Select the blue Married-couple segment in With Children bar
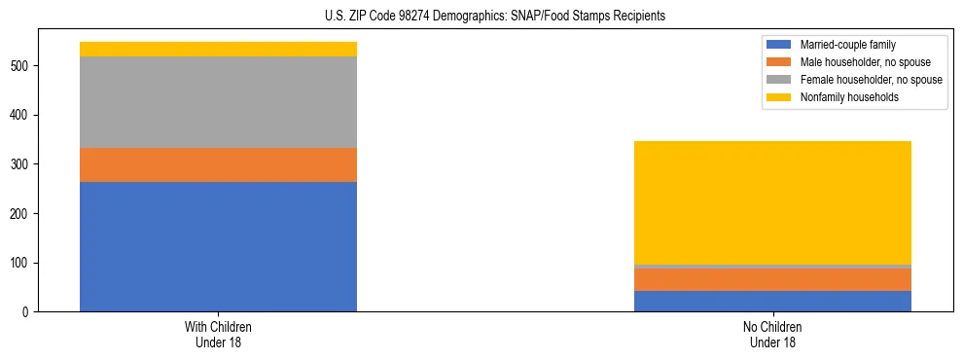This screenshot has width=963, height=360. (218, 246)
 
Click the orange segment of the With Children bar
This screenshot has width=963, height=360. (218, 164)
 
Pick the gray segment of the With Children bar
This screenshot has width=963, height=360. (218, 102)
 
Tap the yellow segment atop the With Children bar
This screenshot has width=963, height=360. (218, 50)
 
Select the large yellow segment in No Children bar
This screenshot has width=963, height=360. (772, 202)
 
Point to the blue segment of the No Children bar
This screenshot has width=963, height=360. (772, 301)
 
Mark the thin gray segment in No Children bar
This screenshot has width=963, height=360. (772, 267)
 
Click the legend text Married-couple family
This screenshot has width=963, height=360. (847, 45)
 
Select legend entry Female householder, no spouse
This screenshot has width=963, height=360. (871, 80)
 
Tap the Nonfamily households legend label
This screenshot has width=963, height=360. (849, 97)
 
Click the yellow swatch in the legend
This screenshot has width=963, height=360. (779, 97)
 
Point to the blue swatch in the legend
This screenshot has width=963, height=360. (779, 45)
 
